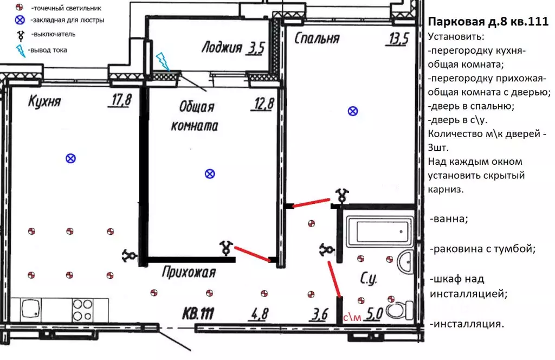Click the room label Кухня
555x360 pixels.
(44, 101)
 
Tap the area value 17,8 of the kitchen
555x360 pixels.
(120, 100)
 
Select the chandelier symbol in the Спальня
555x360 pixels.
(353, 111)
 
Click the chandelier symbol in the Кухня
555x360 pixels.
(71, 158)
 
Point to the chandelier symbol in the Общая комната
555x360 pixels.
(210, 174)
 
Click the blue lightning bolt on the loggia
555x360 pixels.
(163, 62)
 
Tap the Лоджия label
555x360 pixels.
(222, 47)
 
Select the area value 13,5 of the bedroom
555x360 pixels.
(399, 39)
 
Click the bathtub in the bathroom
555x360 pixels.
(379, 231)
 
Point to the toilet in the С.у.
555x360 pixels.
(399, 311)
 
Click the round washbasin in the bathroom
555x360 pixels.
(405, 262)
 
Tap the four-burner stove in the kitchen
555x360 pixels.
(83, 310)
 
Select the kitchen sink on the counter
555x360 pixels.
(31, 310)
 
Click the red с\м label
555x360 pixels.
(352, 318)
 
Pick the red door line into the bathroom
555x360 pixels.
(334, 279)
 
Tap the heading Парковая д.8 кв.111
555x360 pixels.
(488, 22)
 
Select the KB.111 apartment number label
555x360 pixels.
(198, 313)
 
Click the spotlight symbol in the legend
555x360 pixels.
(19, 7)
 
